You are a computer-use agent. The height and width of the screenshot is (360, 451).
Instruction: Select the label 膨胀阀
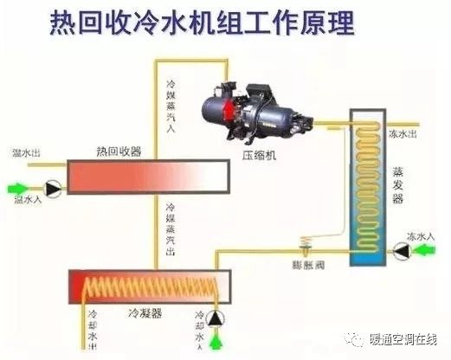[305, 257]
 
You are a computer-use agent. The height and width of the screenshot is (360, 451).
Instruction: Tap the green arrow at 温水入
[19, 186]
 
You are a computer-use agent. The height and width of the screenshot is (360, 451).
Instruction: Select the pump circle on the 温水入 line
[53, 186]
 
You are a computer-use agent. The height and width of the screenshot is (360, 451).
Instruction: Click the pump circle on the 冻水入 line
[400, 250]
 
